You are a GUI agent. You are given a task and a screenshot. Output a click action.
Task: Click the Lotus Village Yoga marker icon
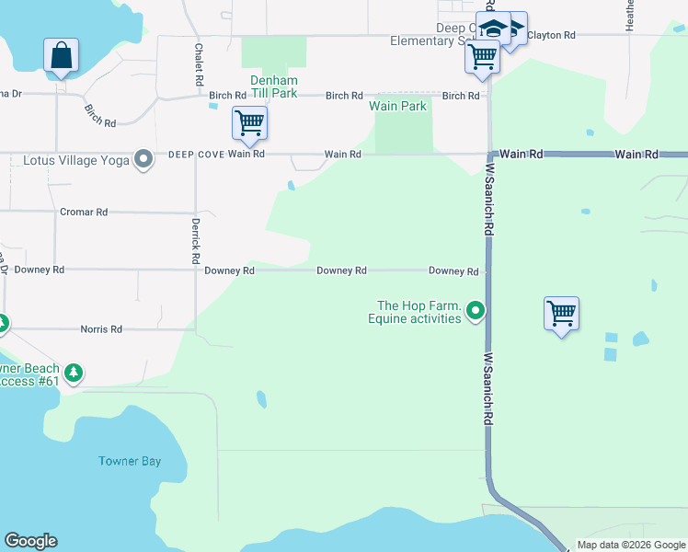[143, 160]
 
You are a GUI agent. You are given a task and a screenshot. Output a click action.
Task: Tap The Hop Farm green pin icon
[476, 312]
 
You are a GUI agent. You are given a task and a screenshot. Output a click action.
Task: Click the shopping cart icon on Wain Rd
[249, 122]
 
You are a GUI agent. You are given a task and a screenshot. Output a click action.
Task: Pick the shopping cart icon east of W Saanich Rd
[561, 313]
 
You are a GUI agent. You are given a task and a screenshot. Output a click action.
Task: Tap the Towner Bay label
[130, 461]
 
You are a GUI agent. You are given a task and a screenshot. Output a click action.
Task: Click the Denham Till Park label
[273, 86]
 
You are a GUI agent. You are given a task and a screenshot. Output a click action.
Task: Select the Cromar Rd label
[84, 212]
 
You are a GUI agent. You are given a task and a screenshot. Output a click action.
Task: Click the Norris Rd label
[101, 328]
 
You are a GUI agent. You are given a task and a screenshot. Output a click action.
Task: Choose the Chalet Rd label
[199, 63]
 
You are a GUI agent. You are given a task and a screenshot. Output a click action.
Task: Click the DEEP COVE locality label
[195, 155]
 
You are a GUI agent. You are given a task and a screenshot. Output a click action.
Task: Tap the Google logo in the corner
[30, 541]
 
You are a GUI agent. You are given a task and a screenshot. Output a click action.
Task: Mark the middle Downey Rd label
[341, 270]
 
